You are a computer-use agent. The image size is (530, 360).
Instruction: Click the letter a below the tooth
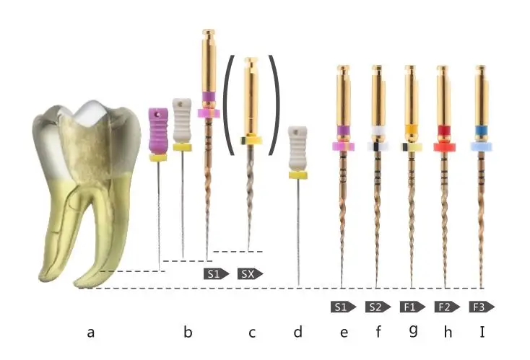point(91,333)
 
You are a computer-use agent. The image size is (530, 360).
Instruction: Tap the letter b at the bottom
point(188,333)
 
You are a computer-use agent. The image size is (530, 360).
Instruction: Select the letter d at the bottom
point(298,333)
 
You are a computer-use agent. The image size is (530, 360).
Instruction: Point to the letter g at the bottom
point(413,333)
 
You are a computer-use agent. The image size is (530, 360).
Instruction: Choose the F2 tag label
point(445,307)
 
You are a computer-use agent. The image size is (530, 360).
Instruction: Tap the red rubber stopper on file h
point(444,146)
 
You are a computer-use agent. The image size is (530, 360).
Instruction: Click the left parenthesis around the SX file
point(227,104)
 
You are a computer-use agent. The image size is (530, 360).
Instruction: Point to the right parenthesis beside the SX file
point(273,104)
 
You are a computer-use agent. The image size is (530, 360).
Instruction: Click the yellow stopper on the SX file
point(250,139)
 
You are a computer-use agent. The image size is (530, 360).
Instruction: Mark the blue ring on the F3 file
point(480,132)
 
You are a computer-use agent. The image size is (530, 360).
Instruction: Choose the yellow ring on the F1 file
point(410,132)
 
